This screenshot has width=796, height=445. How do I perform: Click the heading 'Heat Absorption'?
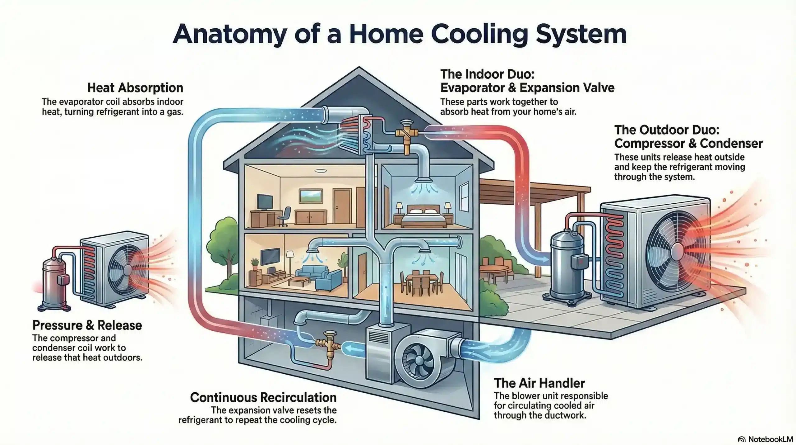click(x=135, y=88)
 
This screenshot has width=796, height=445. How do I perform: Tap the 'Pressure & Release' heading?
click(x=87, y=325)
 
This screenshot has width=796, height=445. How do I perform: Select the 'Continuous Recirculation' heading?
click(x=263, y=397)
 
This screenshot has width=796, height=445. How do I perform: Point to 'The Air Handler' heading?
click(x=539, y=383)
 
